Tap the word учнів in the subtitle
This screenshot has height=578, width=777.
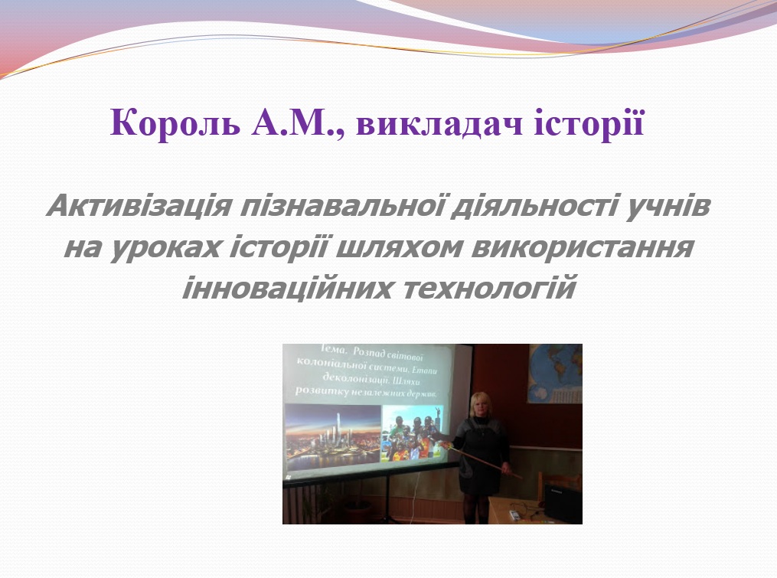[x=671, y=207]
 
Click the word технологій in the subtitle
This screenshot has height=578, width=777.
[x=493, y=289]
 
